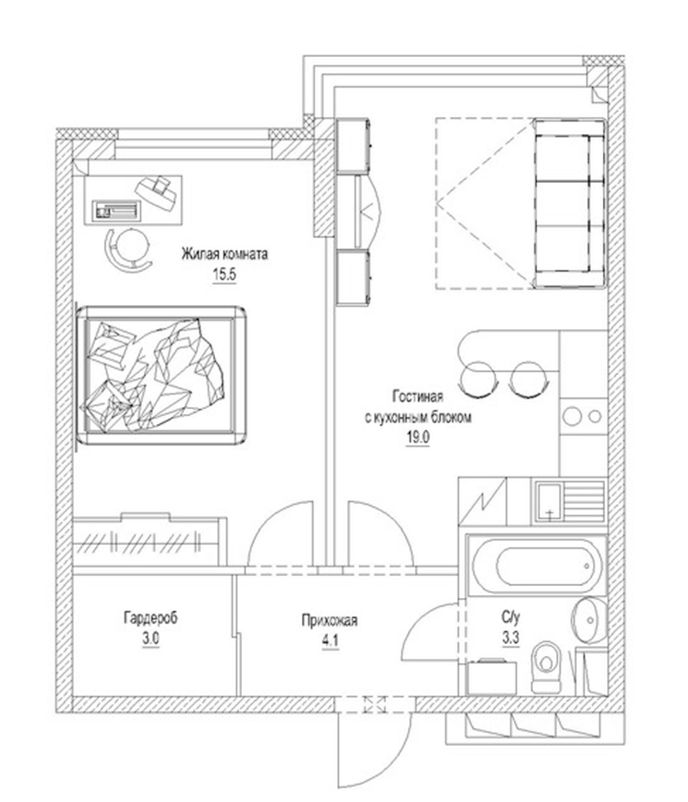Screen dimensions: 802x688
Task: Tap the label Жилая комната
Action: [225, 255]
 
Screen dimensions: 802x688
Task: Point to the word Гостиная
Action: [418, 397]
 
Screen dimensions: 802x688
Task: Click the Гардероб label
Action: [151, 618]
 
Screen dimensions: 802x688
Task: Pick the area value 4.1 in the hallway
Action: [330, 641]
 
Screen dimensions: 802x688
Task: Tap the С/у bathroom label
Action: [510, 619]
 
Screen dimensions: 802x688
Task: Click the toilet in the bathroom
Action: [546, 667]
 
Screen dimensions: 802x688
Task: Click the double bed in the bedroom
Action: [161, 374]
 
